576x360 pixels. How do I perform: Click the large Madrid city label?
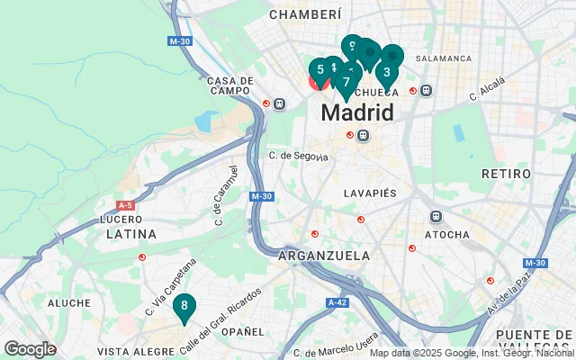pos(357,113)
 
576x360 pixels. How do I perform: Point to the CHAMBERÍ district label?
pos(306,14)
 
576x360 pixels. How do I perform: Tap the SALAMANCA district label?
pos(443,58)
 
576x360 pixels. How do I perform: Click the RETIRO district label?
pos(500,173)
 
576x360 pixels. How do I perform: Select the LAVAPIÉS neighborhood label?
pos(370,193)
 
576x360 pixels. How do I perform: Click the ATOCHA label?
pos(447,235)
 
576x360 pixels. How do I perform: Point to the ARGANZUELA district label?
pos(324,256)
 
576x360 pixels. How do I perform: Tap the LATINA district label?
pos(131,234)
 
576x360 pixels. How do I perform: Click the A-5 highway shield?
pos(125,205)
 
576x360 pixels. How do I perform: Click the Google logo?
pos(30,348)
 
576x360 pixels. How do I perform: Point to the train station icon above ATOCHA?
pos(436,217)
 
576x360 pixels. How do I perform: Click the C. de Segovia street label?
pos(298,156)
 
